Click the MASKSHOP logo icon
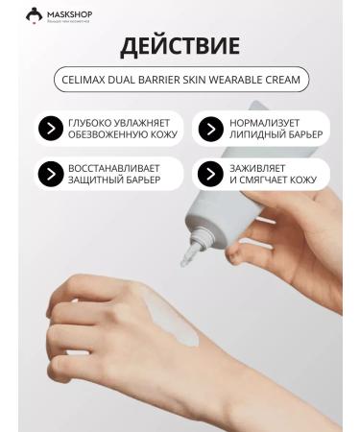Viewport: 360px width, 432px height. coord(34,13)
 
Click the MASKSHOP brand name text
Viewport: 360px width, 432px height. coord(66,12)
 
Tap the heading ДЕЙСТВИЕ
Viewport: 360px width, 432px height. coord(180,47)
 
